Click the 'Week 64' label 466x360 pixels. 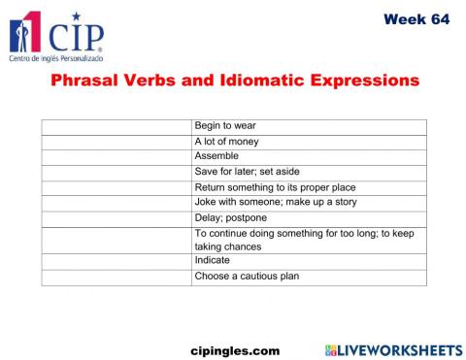416,18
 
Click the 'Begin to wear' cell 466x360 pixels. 225,126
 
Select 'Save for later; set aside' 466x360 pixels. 248,172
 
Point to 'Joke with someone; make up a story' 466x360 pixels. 276,202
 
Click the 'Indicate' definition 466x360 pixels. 213,261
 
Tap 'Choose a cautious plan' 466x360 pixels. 247,277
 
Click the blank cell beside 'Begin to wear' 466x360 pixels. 116,126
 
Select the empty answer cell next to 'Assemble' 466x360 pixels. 116,156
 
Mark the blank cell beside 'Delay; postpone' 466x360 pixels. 116,217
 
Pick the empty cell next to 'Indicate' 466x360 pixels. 116,261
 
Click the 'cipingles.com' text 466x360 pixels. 233,349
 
